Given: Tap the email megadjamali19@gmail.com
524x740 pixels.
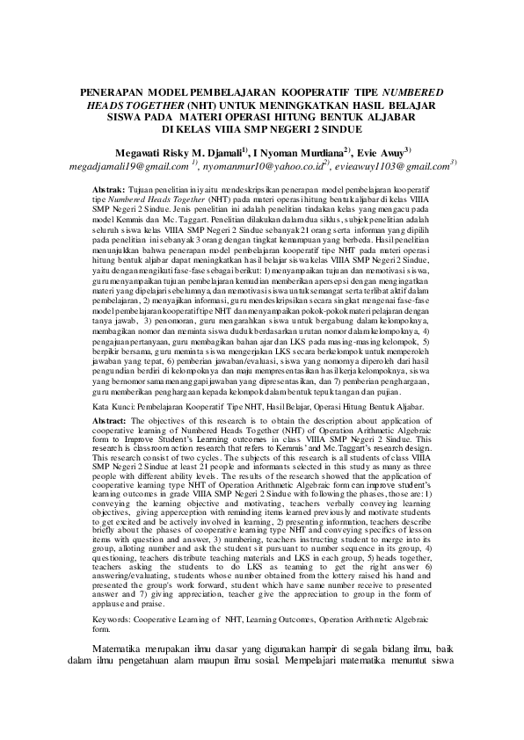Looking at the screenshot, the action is click(130, 165).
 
